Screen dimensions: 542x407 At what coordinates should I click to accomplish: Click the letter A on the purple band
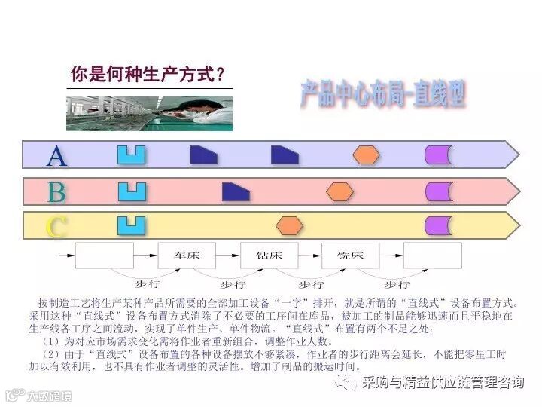click(x=57, y=155)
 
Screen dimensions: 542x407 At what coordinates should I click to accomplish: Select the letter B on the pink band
click(x=56, y=192)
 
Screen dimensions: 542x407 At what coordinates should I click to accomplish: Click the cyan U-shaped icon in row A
click(x=131, y=155)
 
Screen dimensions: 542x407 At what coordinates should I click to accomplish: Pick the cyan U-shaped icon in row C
click(x=131, y=225)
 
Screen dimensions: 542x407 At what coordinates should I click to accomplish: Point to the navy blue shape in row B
click(x=236, y=191)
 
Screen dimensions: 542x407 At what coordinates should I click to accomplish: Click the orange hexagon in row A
click(x=367, y=155)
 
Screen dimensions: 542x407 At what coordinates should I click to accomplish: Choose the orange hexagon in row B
click(x=340, y=191)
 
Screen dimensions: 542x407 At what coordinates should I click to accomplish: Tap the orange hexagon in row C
click(x=289, y=225)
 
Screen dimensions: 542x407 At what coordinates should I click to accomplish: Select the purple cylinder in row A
click(x=438, y=155)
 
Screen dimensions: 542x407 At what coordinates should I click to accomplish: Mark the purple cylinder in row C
click(x=438, y=225)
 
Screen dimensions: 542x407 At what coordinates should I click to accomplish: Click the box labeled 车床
click(x=187, y=256)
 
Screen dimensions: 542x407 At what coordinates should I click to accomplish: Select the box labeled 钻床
click(x=269, y=256)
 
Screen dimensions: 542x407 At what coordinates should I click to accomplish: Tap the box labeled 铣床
click(x=350, y=256)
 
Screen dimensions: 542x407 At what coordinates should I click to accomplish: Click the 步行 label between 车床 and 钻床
click(x=233, y=285)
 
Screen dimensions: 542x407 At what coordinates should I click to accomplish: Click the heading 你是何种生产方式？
click(x=148, y=75)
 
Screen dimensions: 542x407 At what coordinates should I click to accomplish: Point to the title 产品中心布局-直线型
click(x=382, y=94)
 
